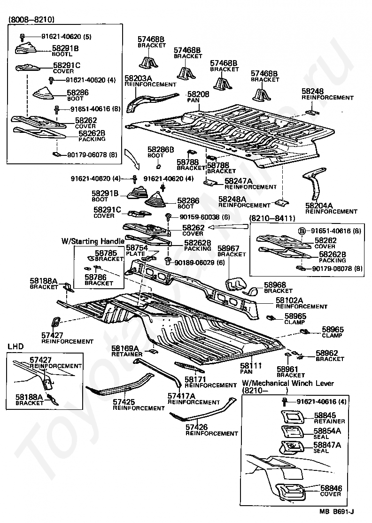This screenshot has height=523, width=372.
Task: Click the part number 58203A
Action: pyautogui.click(x=139, y=78)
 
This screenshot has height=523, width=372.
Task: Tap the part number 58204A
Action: pyautogui.click(x=319, y=206)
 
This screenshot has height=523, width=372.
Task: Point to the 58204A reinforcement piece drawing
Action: pyautogui.click(x=314, y=183)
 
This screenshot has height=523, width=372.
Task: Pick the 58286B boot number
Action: pyautogui.click(x=161, y=150)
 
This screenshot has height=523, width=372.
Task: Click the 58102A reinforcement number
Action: pyautogui.click(x=289, y=300)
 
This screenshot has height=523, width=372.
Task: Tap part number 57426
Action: pyautogui.click(x=196, y=427)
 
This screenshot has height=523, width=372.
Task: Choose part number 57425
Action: pyautogui.click(x=124, y=402)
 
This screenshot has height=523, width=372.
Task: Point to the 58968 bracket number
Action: pyautogui.click(x=275, y=285)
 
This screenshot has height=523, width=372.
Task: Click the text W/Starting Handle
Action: pyautogui.click(x=93, y=241)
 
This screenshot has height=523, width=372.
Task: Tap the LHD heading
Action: pyautogui.click(x=15, y=346)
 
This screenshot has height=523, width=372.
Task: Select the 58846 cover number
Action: pyautogui.click(x=331, y=488)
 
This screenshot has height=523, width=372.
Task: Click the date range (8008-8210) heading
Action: pyautogui.click(x=31, y=20)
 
